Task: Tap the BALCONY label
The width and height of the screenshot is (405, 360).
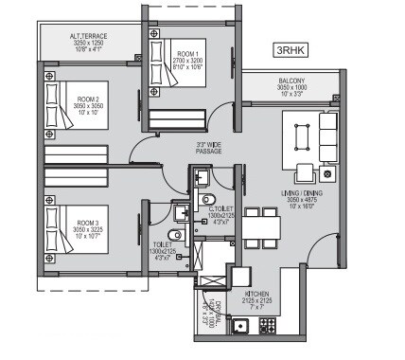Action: coord(290,81)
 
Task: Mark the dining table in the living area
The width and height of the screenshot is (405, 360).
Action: coord(262,226)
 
